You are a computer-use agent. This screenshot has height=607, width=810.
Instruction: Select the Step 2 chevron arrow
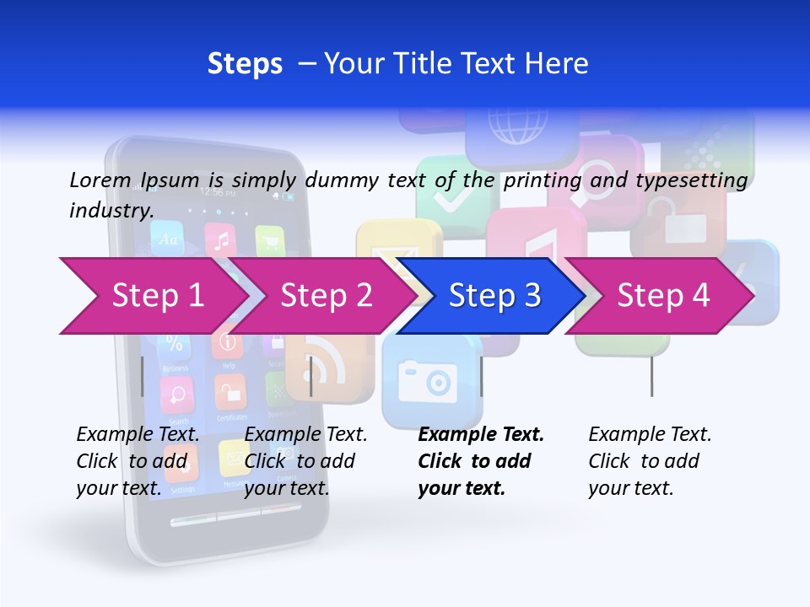click(326, 296)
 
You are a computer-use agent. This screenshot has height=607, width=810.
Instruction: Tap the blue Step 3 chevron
click(494, 296)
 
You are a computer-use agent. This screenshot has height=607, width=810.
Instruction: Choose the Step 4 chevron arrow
click(662, 296)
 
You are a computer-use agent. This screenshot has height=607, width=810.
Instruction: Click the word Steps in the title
click(245, 63)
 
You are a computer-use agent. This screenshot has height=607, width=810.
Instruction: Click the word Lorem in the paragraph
click(100, 180)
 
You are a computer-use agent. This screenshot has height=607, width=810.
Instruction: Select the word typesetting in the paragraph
click(691, 180)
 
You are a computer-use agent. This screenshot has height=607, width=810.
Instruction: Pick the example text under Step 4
click(650, 461)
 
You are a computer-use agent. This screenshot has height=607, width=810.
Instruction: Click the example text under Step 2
click(305, 461)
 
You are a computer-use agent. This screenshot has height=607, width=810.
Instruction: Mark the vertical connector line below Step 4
click(651, 376)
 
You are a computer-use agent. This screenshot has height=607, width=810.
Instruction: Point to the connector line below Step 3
click(482, 376)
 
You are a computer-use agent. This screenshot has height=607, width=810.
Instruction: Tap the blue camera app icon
click(426, 381)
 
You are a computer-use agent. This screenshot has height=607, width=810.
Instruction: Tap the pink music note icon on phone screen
click(220, 241)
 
